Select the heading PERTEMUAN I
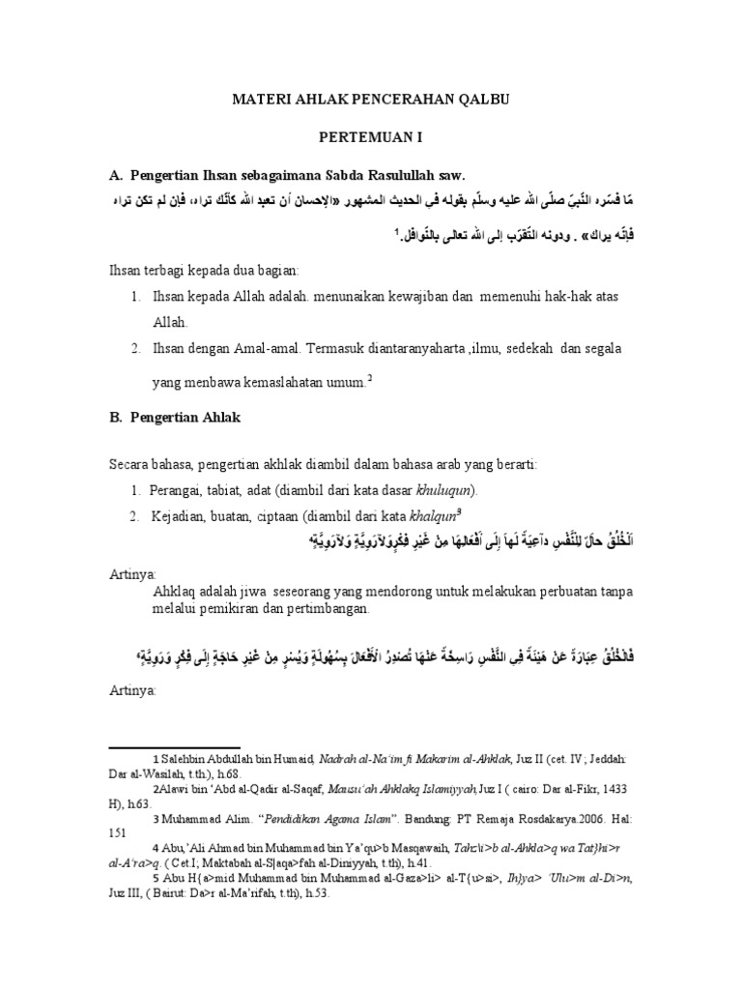pos(373,138)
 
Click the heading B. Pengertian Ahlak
pos(180,417)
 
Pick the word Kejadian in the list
pos(180,517)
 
